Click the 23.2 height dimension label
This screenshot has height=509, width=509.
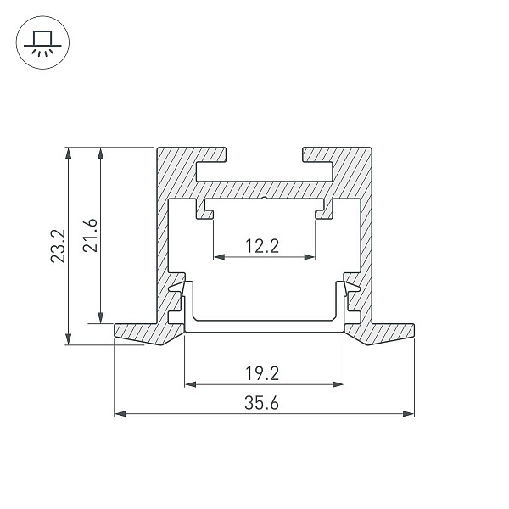coord(59,246)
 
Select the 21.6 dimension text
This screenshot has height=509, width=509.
coord(90,235)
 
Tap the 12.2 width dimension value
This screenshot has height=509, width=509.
coord(262,246)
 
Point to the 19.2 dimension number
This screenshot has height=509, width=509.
coord(262,373)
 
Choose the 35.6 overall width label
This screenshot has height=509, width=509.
coord(261,403)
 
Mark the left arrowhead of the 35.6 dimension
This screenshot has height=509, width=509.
coord(120,414)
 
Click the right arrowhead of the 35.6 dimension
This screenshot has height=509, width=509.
coord(408,414)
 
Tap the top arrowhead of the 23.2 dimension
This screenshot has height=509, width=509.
coord(68,154)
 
